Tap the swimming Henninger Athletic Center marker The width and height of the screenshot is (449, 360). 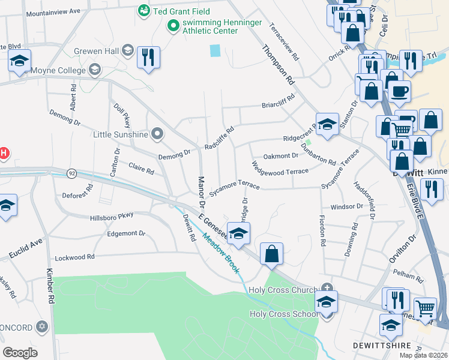click(173, 25)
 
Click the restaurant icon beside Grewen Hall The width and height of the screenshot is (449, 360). click(148, 58)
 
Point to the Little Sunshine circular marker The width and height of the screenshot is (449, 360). click(157, 133)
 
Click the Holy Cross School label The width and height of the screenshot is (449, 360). click(284, 314)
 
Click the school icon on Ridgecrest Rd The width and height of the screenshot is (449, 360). click(327, 124)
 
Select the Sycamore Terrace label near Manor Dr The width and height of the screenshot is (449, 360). click(234, 184)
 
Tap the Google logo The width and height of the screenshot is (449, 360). click(20, 353)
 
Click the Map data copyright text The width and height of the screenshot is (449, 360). click(423, 355)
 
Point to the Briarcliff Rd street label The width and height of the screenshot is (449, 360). click(278, 101)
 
